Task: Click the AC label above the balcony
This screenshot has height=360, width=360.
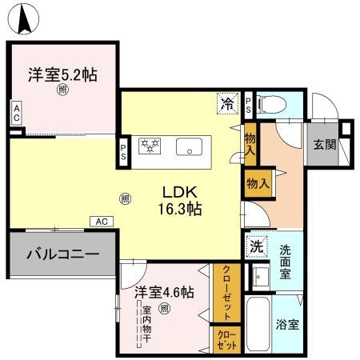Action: coord(102,222)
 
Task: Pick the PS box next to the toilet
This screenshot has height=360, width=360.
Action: coord(249,102)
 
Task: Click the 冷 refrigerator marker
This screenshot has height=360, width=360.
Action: coord(227,103)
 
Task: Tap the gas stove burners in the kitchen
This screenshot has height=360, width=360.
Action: coord(151,146)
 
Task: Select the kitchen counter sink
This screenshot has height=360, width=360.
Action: coord(190,147)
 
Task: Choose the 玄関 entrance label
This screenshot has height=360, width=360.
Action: coord(324,145)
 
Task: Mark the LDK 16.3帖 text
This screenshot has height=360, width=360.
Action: coord(182,200)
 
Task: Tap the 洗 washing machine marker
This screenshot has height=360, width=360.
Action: coord(256,247)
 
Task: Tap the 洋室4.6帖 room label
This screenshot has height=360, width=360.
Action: coord(164,292)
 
